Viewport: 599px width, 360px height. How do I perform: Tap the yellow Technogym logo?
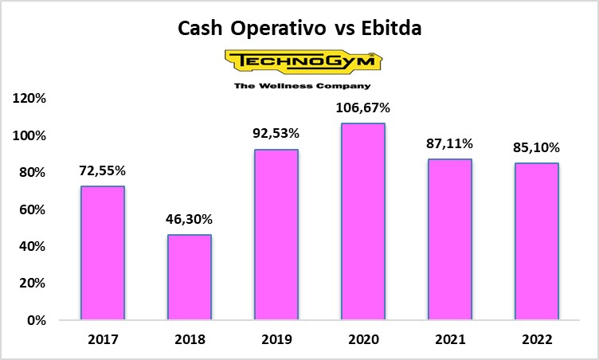click(x=300, y=61)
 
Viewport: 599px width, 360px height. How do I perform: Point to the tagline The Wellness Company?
click(x=301, y=85)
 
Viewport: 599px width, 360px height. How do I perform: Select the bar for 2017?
click(x=103, y=253)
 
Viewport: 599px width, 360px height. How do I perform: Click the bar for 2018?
click(x=190, y=277)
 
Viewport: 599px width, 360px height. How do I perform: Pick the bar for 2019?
click(x=276, y=235)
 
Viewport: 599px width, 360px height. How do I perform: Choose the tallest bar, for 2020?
click(x=363, y=221)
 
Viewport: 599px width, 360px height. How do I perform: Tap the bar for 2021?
click(x=450, y=240)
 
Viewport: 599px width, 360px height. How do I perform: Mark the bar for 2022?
click(x=536, y=241)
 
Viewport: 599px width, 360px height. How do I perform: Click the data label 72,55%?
click(x=103, y=170)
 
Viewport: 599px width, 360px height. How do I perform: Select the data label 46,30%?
click(x=190, y=219)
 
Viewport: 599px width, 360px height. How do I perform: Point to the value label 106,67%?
click(x=363, y=108)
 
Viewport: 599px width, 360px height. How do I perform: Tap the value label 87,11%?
click(x=450, y=143)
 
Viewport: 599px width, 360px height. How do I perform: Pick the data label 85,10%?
click(x=536, y=147)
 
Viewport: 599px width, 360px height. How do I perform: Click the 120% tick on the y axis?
click(x=31, y=99)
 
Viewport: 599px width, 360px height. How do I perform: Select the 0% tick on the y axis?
click(x=38, y=320)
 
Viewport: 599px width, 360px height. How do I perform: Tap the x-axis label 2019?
click(x=276, y=339)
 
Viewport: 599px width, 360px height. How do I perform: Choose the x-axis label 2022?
click(x=536, y=339)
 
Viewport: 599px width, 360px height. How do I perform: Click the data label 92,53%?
click(x=276, y=134)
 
